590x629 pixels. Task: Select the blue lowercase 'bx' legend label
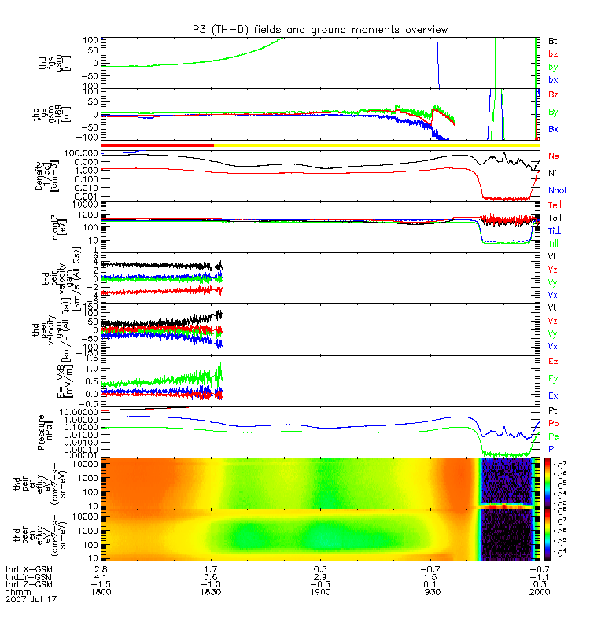[553, 80]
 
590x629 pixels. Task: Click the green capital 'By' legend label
[553, 112]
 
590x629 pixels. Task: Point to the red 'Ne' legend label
[554, 156]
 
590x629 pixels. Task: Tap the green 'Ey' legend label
[553, 378]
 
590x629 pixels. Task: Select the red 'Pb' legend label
[553, 422]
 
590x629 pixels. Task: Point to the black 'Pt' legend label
[553, 411]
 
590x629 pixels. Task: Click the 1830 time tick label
[210, 591]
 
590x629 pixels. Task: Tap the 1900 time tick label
[319, 591]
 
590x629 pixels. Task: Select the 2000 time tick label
[539, 591]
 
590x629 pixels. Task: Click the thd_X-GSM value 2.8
[101, 567]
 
